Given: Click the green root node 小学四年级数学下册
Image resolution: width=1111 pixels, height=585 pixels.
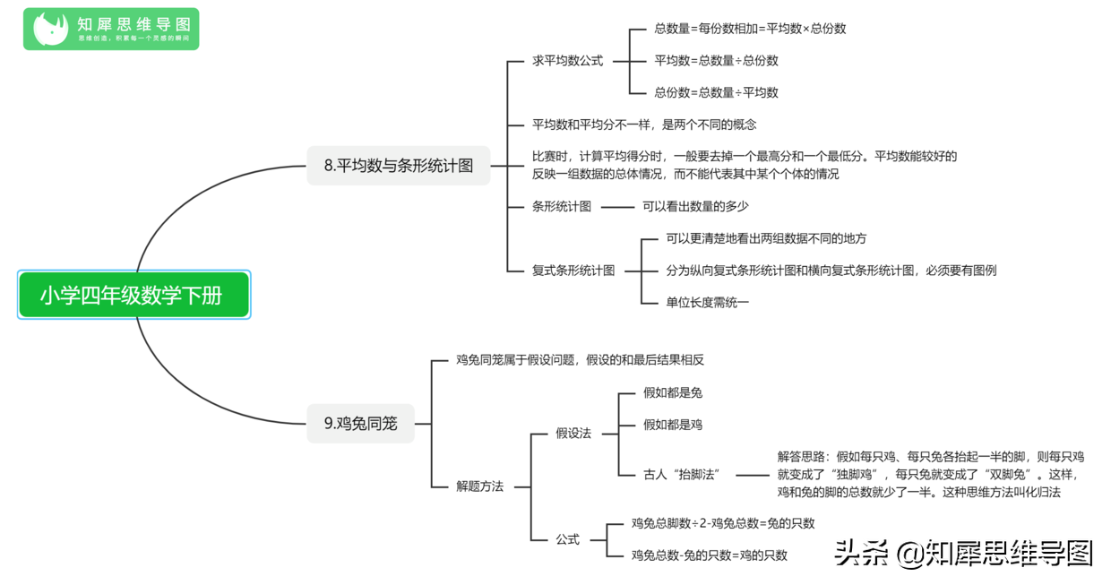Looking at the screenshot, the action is tap(133, 295).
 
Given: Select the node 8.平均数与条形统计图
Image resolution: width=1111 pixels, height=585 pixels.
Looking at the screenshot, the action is tap(399, 166).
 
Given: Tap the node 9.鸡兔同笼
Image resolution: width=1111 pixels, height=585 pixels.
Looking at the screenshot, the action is tap(360, 424).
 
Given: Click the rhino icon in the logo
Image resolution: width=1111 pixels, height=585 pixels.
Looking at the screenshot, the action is tap(50, 29).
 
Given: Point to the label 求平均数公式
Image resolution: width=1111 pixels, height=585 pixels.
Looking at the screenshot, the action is tap(567, 61).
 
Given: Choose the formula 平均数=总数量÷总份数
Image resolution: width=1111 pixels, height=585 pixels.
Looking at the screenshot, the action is tap(716, 61).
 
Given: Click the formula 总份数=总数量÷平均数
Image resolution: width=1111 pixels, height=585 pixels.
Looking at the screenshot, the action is tap(716, 92).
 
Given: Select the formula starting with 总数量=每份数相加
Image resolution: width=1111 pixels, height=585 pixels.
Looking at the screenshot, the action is tap(750, 29).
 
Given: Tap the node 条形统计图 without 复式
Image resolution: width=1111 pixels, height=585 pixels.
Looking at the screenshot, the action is tap(562, 206).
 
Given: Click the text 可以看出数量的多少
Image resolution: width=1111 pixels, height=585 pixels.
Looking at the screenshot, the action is tap(695, 206).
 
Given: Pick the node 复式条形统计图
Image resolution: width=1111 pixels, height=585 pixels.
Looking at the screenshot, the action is tap(573, 271).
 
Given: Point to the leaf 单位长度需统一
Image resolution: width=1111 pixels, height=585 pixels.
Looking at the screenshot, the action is tap(707, 303).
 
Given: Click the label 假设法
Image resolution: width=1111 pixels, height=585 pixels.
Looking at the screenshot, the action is tap(573, 434).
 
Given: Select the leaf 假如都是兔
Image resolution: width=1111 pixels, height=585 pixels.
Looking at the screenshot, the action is tap(673, 392).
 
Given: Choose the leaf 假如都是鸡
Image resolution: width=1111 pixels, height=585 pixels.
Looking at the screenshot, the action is tap(673, 425).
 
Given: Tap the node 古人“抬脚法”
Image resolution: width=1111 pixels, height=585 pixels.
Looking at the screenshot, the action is tap(682, 475).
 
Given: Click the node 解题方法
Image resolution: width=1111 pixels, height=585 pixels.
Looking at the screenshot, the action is tap(479, 486).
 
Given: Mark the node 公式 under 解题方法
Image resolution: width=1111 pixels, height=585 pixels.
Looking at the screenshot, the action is tap(567, 539).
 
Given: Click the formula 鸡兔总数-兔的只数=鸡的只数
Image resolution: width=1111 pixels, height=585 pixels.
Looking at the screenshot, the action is tap(710, 555).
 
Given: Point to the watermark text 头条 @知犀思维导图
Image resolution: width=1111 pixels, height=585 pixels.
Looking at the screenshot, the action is tap(964, 553).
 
